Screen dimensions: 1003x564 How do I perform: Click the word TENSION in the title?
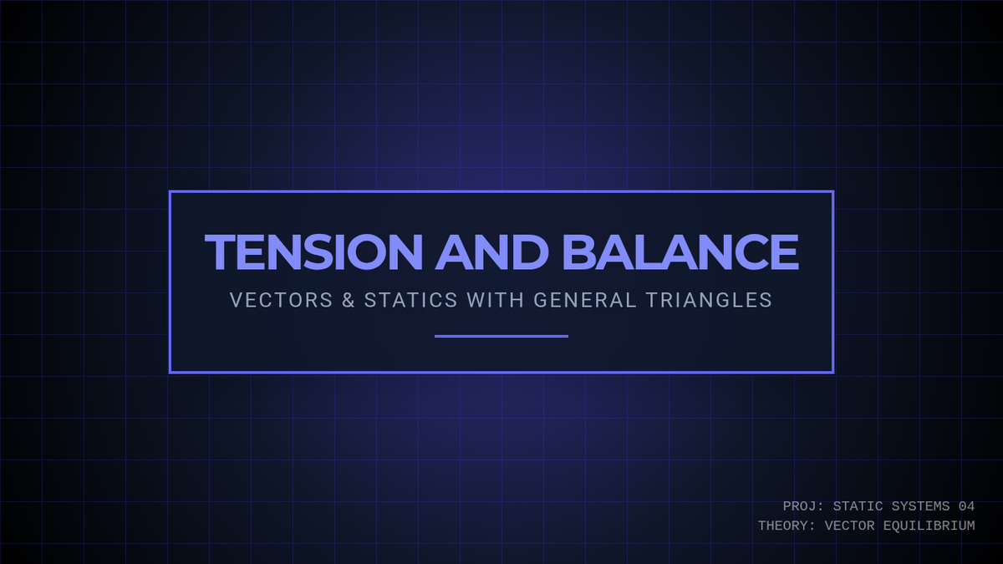(313, 252)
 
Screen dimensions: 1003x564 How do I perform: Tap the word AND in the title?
(491, 252)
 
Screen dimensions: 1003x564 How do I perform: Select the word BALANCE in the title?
(680, 252)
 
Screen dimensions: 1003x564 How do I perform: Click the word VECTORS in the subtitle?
(281, 300)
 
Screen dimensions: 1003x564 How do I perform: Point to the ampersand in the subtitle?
(349, 300)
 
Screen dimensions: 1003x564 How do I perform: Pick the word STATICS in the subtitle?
(410, 300)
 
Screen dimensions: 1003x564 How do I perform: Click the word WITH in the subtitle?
(495, 300)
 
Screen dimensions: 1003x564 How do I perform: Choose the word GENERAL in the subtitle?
(585, 300)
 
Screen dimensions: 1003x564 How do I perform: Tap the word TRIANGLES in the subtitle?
(710, 300)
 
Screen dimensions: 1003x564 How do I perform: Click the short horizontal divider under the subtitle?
(501, 336)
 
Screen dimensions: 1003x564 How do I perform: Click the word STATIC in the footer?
(858, 506)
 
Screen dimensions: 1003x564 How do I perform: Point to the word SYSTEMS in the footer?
(920, 506)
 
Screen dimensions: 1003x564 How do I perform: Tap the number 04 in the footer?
(967, 506)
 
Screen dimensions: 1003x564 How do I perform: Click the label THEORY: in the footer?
(787, 526)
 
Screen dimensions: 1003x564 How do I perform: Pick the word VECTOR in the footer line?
(849, 526)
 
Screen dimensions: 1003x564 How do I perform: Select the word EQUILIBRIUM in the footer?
(929, 526)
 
